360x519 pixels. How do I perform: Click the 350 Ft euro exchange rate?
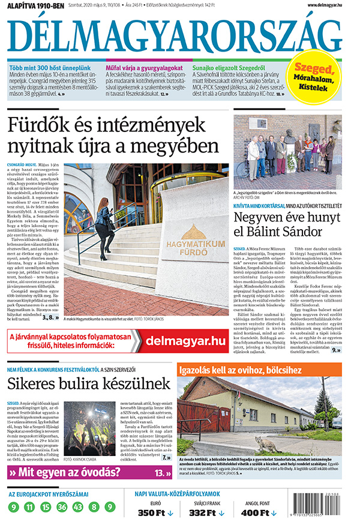[x=155, y=512]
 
